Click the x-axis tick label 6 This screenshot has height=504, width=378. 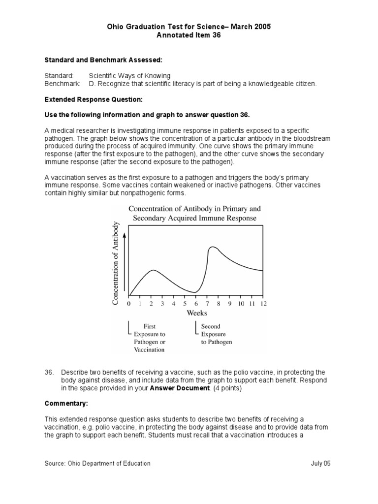[x=196, y=304]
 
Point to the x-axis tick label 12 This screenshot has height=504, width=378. [x=263, y=304]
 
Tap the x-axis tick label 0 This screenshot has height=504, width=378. [x=129, y=304]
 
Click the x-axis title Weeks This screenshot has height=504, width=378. [x=196, y=313]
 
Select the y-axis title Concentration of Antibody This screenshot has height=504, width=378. [x=116, y=263]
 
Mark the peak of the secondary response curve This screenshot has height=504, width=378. [x=213, y=247]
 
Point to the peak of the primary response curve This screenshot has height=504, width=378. [x=154, y=270]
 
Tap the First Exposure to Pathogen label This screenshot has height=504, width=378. [x=150, y=338]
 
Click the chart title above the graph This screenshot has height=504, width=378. [x=194, y=213]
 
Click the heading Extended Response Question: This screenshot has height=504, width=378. [x=94, y=99]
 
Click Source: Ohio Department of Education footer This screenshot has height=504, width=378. [x=97, y=463]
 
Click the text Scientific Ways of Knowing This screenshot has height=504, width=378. [x=129, y=76]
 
